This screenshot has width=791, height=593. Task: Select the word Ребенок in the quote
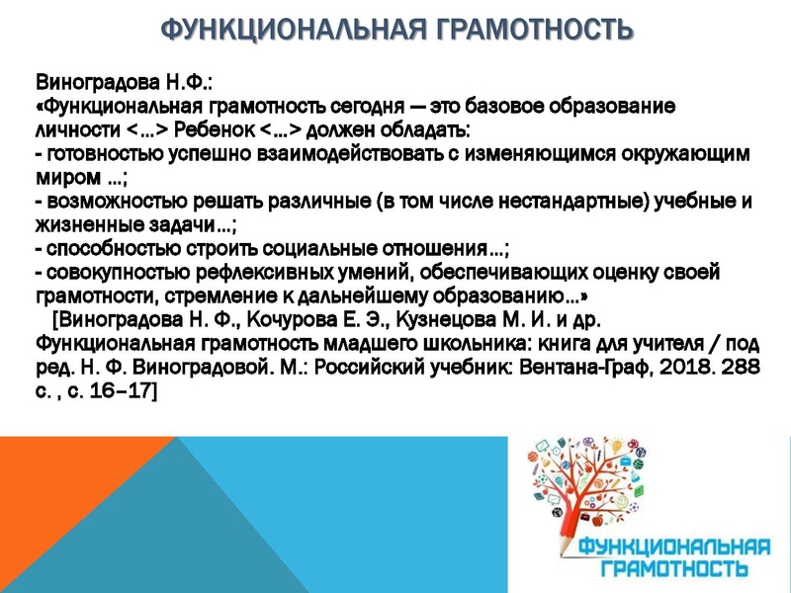(x=212, y=129)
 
